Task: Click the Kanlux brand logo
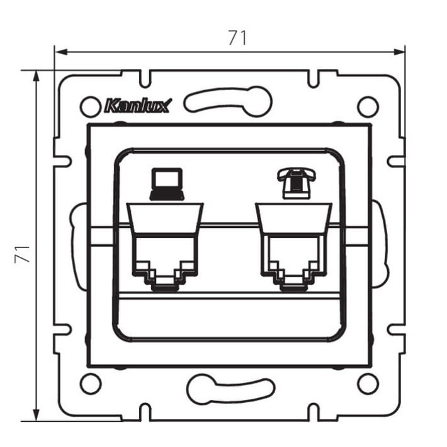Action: pos(139,106)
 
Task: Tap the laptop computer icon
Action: pos(167,184)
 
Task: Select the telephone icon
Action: pos(297,183)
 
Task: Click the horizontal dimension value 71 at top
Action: pos(237,38)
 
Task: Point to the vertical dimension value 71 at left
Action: pos(22,254)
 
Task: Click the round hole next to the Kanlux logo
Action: pos(91,107)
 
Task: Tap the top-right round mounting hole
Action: pos(368,107)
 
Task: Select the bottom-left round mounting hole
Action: pos(91,383)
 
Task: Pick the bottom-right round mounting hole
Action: pos(368,383)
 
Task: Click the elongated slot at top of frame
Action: pos(228,101)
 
